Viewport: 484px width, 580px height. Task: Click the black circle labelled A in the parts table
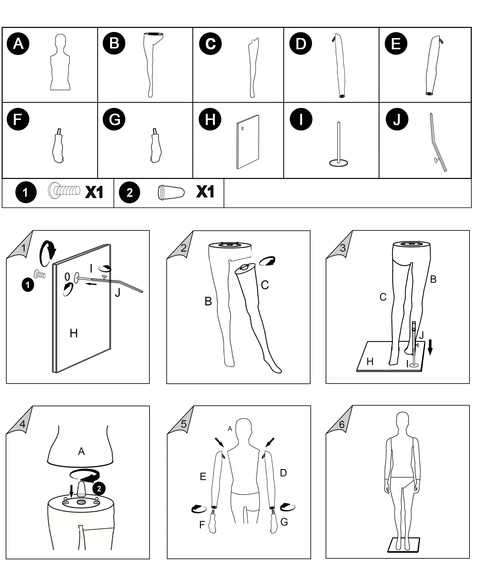tap(18, 44)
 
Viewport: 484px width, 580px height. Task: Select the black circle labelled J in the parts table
tap(397, 119)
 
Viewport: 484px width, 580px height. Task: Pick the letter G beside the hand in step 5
tap(284, 522)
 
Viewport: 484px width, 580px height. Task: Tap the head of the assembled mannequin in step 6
tap(402, 421)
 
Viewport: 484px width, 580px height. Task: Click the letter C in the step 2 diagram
tap(265, 285)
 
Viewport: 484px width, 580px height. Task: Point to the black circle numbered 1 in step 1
tap(28, 285)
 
